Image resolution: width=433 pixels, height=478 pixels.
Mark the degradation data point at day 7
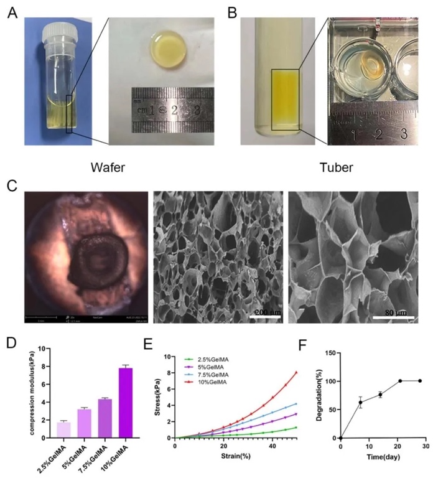click(360, 402)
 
